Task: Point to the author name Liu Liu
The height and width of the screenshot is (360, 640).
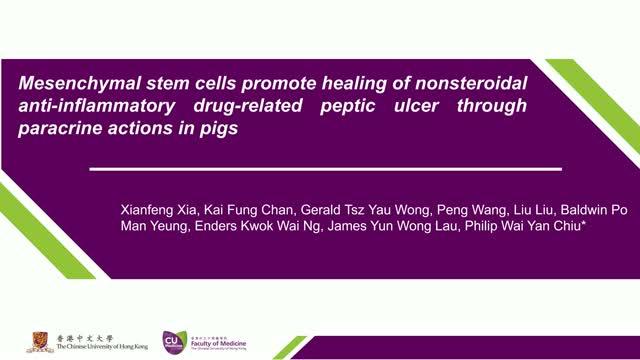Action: pos(533,211)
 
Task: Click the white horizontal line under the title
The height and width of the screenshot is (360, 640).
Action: pos(325,168)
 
